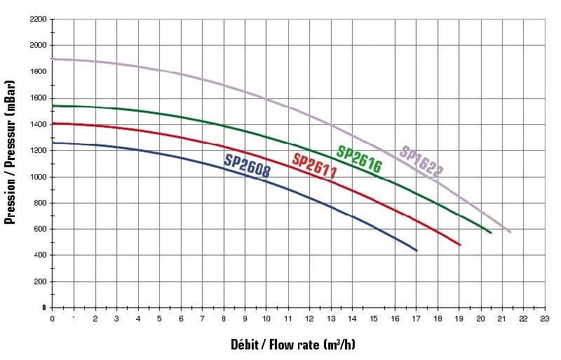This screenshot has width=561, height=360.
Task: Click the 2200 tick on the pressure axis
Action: [37, 19]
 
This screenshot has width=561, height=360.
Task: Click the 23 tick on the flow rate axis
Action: [544, 319]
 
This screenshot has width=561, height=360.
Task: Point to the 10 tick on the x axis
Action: [266, 319]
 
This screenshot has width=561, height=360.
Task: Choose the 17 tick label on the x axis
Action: [416, 319]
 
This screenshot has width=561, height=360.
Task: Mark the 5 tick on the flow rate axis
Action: [159, 319]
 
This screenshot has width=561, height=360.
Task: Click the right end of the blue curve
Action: [417, 251]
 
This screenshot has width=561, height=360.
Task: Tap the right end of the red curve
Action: [460, 245]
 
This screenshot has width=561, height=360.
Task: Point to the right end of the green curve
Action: [491, 232]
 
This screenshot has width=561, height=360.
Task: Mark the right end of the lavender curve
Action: [510, 232]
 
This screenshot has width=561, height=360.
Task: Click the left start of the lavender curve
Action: [53, 59]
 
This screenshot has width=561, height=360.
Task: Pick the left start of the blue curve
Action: [53, 142]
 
